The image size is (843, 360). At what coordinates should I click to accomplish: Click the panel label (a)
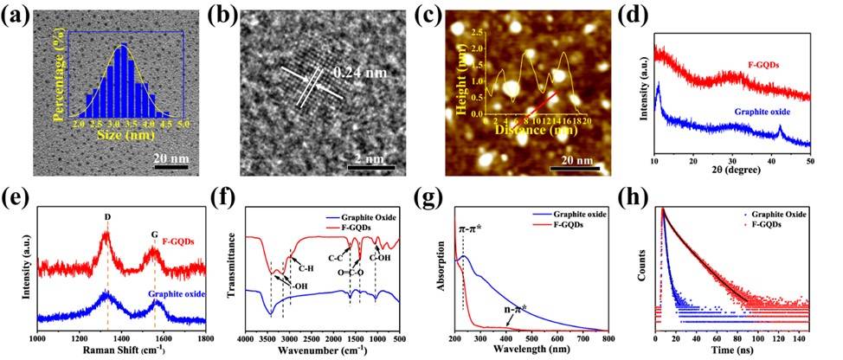pos(18,15)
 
